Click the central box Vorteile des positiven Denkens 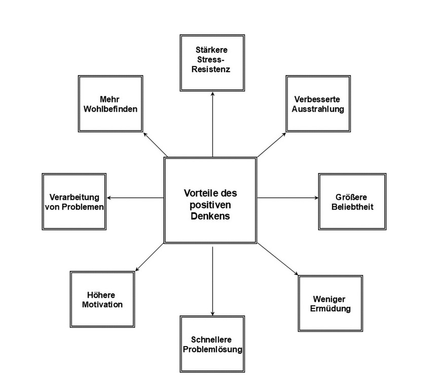[x=210, y=200]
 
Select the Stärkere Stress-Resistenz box [x=212, y=62]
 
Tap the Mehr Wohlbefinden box [x=110, y=104]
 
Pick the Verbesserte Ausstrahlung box [x=318, y=104]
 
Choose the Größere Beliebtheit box [x=352, y=201]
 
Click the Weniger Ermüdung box [x=330, y=303]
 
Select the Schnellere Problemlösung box [x=212, y=344]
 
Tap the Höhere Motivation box [x=102, y=299]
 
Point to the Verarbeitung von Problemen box [x=74, y=201]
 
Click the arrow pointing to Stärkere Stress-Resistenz [x=212, y=122]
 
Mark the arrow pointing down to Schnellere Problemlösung [x=212, y=279]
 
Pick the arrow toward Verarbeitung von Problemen [x=136, y=197]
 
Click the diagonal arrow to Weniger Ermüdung [x=277, y=259]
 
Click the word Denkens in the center [x=210, y=216]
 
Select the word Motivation [x=102, y=305]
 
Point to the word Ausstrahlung [x=318, y=109]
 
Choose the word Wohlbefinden [x=110, y=109]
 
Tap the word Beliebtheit [x=352, y=207]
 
